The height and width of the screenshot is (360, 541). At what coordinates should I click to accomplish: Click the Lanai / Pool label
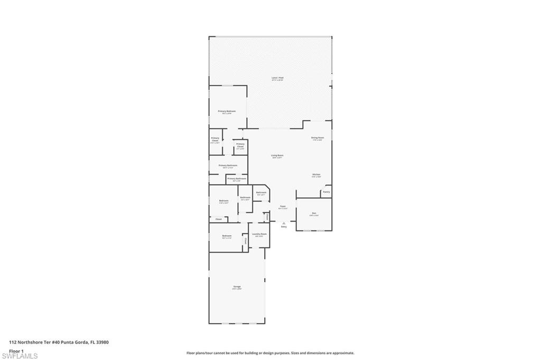tap(278, 78)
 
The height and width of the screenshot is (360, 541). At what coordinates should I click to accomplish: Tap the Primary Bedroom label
tap(227, 111)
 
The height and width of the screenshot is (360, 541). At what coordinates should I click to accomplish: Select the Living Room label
tap(277, 155)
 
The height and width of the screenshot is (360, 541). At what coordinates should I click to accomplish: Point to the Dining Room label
tap(318, 137)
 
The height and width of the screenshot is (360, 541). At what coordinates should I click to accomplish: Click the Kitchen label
tap(316, 174)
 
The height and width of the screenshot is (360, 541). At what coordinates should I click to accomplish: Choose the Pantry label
tap(327, 192)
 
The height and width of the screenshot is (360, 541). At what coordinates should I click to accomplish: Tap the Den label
tap(314, 213)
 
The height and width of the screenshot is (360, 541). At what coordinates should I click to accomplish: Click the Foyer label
tap(283, 206)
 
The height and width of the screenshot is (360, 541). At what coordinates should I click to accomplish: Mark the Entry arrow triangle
tap(284, 223)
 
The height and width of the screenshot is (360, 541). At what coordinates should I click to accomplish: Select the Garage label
tap(237, 287)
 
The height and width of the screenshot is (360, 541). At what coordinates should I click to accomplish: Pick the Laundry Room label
tap(259, 234)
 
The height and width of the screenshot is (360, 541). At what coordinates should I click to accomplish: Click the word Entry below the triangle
tap(284, 227)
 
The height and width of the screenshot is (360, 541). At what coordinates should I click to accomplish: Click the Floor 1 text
tap(16, 350)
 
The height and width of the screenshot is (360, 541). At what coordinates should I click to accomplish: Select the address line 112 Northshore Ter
tap(59, 342)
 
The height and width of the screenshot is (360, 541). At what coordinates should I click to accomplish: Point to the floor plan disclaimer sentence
tap(270, 353)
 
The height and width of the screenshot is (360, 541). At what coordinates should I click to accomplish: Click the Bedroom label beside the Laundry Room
tap(227, 236)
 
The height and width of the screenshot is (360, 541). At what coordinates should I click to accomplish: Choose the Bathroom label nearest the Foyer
tap(261, 192)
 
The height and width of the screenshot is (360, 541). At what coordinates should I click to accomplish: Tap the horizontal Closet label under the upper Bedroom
tap(218, 219)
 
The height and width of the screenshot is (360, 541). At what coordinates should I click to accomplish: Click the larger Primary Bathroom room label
tap(228, 165)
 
